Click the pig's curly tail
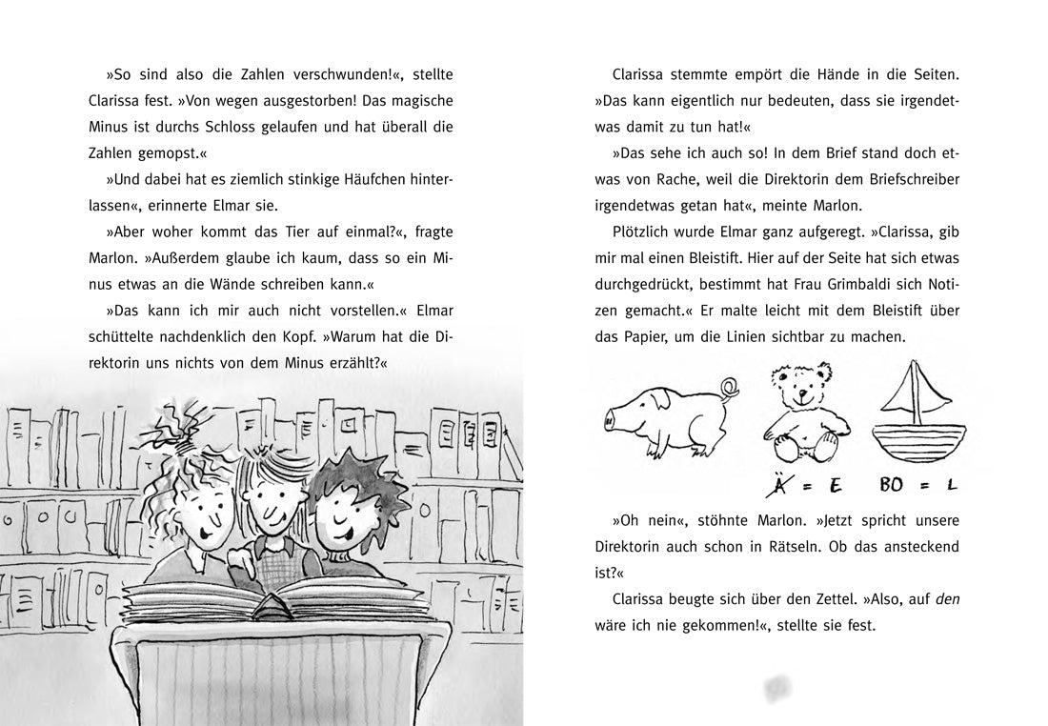[x=729, y=388]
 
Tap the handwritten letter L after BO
[x=951, y=486]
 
